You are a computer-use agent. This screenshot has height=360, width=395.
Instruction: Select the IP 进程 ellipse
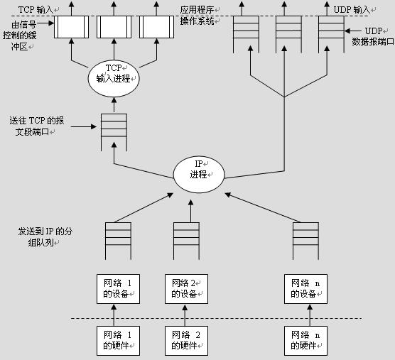pyautogui.click(x=199, y=175)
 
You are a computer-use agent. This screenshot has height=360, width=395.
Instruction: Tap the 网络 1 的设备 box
pyautogui.click(x=118, y=289)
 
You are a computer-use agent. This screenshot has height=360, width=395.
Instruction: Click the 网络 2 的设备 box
pyautogui.click(x=186, y=289)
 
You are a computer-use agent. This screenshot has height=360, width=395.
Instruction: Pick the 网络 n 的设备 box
pyautogui.click(x=305, y=289)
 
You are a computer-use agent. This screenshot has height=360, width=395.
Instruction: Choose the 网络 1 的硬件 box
pyautogui.click(x=118, y=341)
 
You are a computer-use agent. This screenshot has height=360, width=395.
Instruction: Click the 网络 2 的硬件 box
pyautogui.click(x=186, y=341)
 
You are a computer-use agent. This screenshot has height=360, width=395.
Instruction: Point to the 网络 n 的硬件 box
pyautogui.click(x=305, y=341)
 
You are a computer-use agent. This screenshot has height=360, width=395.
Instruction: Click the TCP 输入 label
pyautogui.click(x=36, y=10)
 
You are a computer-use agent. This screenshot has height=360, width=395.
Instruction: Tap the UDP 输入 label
pyautogui.click(x=352, y=10)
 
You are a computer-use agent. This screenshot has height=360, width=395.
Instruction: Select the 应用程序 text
pyautogui.click(x=197, y=10)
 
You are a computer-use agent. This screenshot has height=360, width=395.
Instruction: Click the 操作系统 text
pyautogui.click(x=197, y=21)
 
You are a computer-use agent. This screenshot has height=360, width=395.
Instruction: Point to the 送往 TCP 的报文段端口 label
pyautogui.click(x=36, y=126)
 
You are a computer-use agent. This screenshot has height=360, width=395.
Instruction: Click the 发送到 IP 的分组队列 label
pyautogui.click(x=45, y=237)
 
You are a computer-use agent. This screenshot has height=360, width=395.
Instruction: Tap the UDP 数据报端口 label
pyautogui.click(x=373, y=36)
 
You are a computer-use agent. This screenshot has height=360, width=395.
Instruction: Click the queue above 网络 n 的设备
pyautogui.click(x=305, y=241)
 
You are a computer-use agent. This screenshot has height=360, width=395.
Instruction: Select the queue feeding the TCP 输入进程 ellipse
pyautogui.click(x=114, y=132)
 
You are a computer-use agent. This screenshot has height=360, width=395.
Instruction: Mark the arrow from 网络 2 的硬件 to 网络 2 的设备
pyautogui.click(x=185, y=315)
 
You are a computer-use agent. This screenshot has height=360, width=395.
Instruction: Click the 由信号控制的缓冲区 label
pyautogui.click(x=20, y=36)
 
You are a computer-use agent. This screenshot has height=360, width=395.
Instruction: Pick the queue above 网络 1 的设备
pyautogui.click(x=118, y=241)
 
